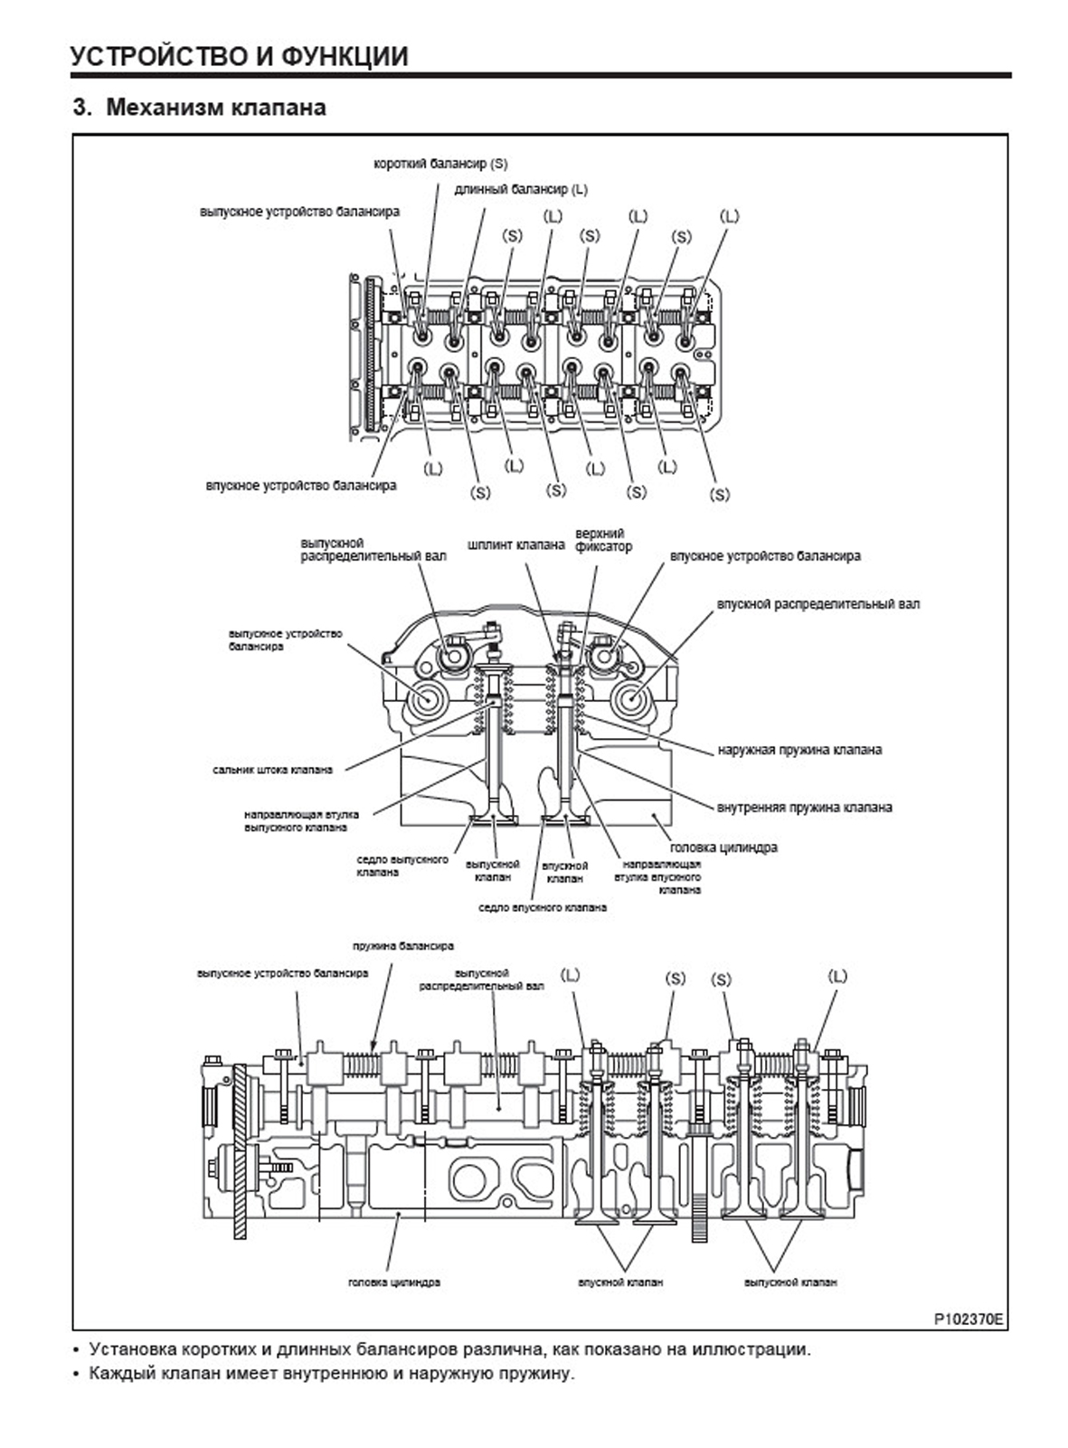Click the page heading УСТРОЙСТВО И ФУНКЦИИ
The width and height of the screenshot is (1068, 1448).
240,56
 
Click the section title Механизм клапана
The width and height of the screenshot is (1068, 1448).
215,108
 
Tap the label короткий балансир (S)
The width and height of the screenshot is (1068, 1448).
440,165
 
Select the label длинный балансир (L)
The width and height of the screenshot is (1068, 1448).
522,190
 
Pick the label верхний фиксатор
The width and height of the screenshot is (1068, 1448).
603,540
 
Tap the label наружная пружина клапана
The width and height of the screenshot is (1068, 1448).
799,750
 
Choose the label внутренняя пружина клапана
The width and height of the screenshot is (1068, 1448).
804,807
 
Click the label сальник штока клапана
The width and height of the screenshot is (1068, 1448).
272,770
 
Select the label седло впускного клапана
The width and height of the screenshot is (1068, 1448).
542,906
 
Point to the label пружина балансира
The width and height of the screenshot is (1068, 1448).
402,947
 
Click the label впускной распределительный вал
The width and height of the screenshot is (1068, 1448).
818,603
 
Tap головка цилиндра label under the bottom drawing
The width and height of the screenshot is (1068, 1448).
394,1282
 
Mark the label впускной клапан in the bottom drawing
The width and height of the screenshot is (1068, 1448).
620,1282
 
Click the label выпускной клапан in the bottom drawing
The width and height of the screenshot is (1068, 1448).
790,1282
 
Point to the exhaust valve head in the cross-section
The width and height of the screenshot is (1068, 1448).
494,820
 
